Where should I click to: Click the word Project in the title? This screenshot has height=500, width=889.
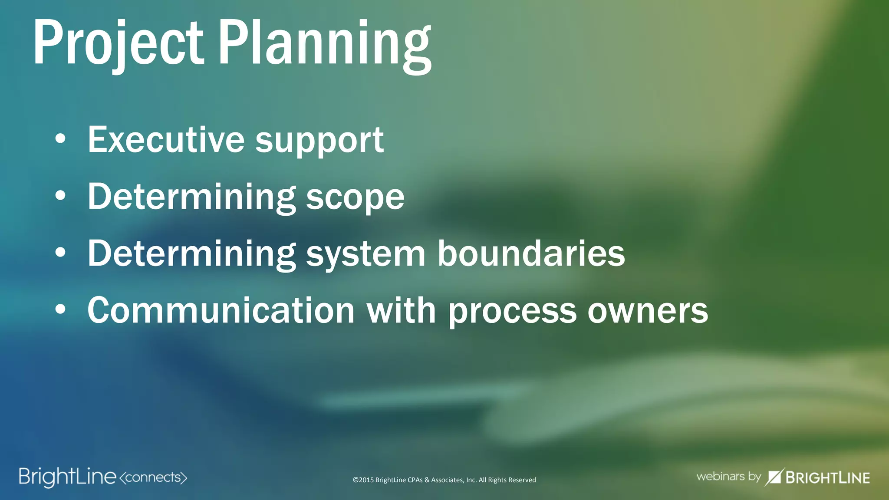point(118,43)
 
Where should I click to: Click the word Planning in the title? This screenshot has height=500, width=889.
point(325,43)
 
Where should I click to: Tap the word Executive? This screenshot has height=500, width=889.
point(166,140)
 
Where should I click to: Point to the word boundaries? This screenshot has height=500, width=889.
point(531,253)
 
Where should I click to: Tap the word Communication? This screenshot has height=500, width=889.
point(221,310)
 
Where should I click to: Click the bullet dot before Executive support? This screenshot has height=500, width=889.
point(60,139)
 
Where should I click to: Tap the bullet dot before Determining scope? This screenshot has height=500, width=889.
point(60,196)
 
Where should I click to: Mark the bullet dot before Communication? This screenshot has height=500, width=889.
point(60,309)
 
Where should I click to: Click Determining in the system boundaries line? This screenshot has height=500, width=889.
point(191,253)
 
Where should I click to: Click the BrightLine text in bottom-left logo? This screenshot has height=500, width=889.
point(67,477)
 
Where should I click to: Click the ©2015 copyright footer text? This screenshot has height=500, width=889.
point(444,480)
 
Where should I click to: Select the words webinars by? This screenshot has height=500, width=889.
point(728,477)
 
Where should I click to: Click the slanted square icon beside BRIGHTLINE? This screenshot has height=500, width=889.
point(774,477)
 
